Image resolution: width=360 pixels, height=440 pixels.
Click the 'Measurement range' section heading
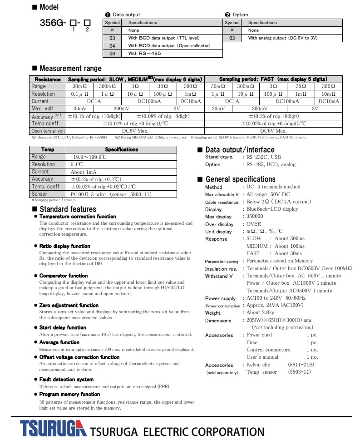70,69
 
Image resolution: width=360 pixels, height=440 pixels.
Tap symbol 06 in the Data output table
112,53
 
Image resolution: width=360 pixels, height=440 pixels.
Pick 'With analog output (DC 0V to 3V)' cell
286,38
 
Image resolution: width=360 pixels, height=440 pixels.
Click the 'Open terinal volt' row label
48,131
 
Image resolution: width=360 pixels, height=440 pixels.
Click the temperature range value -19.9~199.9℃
89,157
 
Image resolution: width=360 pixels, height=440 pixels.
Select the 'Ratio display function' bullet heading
64,246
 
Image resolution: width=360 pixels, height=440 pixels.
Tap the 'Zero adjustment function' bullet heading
69,305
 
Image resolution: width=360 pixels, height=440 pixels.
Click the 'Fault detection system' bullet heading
66,379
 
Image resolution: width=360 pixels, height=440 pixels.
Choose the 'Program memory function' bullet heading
69,394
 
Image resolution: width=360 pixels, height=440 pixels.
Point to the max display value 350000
255,217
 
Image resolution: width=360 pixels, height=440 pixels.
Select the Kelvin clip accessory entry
258,365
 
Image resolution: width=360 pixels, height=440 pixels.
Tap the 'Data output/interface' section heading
240,150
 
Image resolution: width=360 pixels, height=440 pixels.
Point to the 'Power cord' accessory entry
259,335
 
